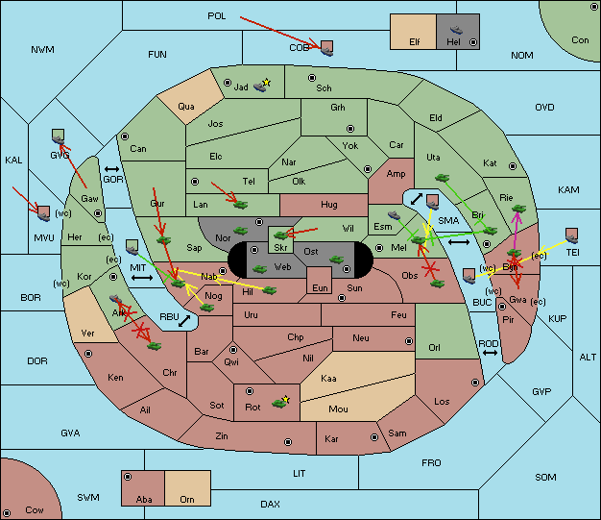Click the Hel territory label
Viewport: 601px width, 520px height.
(453, 42)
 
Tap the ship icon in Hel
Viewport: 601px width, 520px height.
(456, 30)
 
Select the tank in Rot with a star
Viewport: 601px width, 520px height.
(280, 402)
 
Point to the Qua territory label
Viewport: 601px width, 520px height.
(186, 107)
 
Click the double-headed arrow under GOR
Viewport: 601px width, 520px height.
(111, 169)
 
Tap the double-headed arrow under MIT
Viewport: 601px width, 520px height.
(142, 278)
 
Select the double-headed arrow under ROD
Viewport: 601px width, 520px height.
(490, 353)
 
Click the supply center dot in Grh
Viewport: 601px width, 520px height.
(350, 129)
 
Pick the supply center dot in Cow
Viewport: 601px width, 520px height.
(7, 512)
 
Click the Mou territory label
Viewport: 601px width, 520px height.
(338, 409)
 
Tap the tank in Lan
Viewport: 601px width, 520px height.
(241, 204)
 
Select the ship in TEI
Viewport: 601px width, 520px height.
(571, 235)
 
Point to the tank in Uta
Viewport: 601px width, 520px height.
(442, 178)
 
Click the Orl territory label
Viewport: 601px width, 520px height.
(434, 348)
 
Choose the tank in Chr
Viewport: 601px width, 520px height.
(154, 346)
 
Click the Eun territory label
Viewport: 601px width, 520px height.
(320, 287)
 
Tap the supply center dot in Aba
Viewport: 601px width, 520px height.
(128, 477)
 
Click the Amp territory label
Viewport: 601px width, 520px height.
(396, 174)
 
